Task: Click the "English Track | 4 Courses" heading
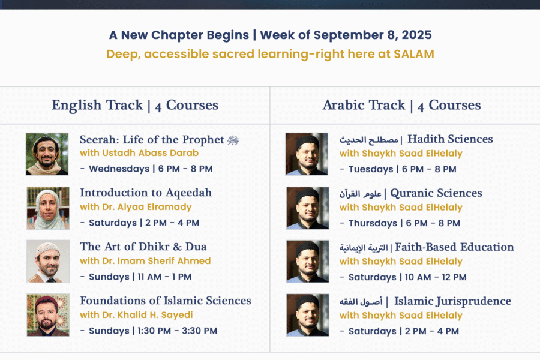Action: [x=135, y=106]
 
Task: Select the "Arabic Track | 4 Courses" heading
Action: [x=401, y=106]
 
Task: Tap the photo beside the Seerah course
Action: [x=47, y=154]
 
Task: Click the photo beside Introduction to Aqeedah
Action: [x=48, y=208]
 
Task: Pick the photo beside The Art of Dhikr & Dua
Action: [x=48, y=262]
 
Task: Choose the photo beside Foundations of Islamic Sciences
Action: [x=48, y=315]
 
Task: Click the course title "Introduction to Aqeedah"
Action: [x=146, y=193]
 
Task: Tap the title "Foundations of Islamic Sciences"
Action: [x=166, y=301]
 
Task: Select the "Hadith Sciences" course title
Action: [x=450, y=139]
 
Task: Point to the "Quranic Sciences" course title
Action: [x=436, y=194]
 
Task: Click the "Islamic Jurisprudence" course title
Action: [x=452, y=301]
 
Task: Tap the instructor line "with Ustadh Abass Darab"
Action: [x=139, y=153]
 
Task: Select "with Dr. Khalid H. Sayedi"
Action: [x=136, y=315]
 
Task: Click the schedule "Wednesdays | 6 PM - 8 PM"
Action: [x=151, y=169]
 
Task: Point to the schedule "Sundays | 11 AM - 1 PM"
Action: [x=140, y=277]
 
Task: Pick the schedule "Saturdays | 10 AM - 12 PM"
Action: [x=407, y=277]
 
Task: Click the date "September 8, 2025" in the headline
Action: [x=373, y=35]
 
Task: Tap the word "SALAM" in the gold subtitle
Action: [x=414, y=54]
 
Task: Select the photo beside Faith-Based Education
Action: [x=308, y=262]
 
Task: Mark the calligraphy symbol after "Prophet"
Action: [x=233, y=140]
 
